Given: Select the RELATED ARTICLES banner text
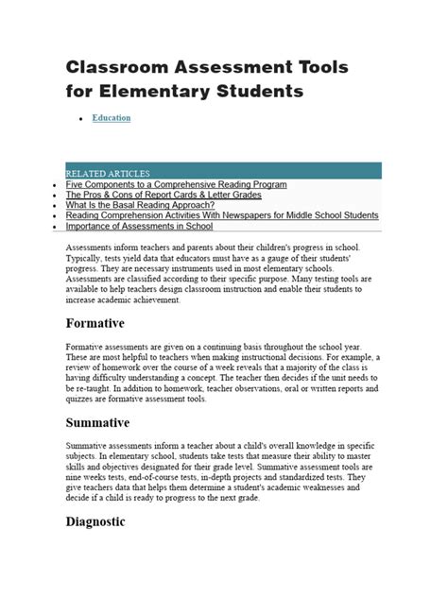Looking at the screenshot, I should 108,174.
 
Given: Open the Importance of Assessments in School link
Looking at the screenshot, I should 139,226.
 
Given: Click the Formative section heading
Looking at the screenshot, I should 95,324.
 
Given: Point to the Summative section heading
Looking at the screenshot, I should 97,422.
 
